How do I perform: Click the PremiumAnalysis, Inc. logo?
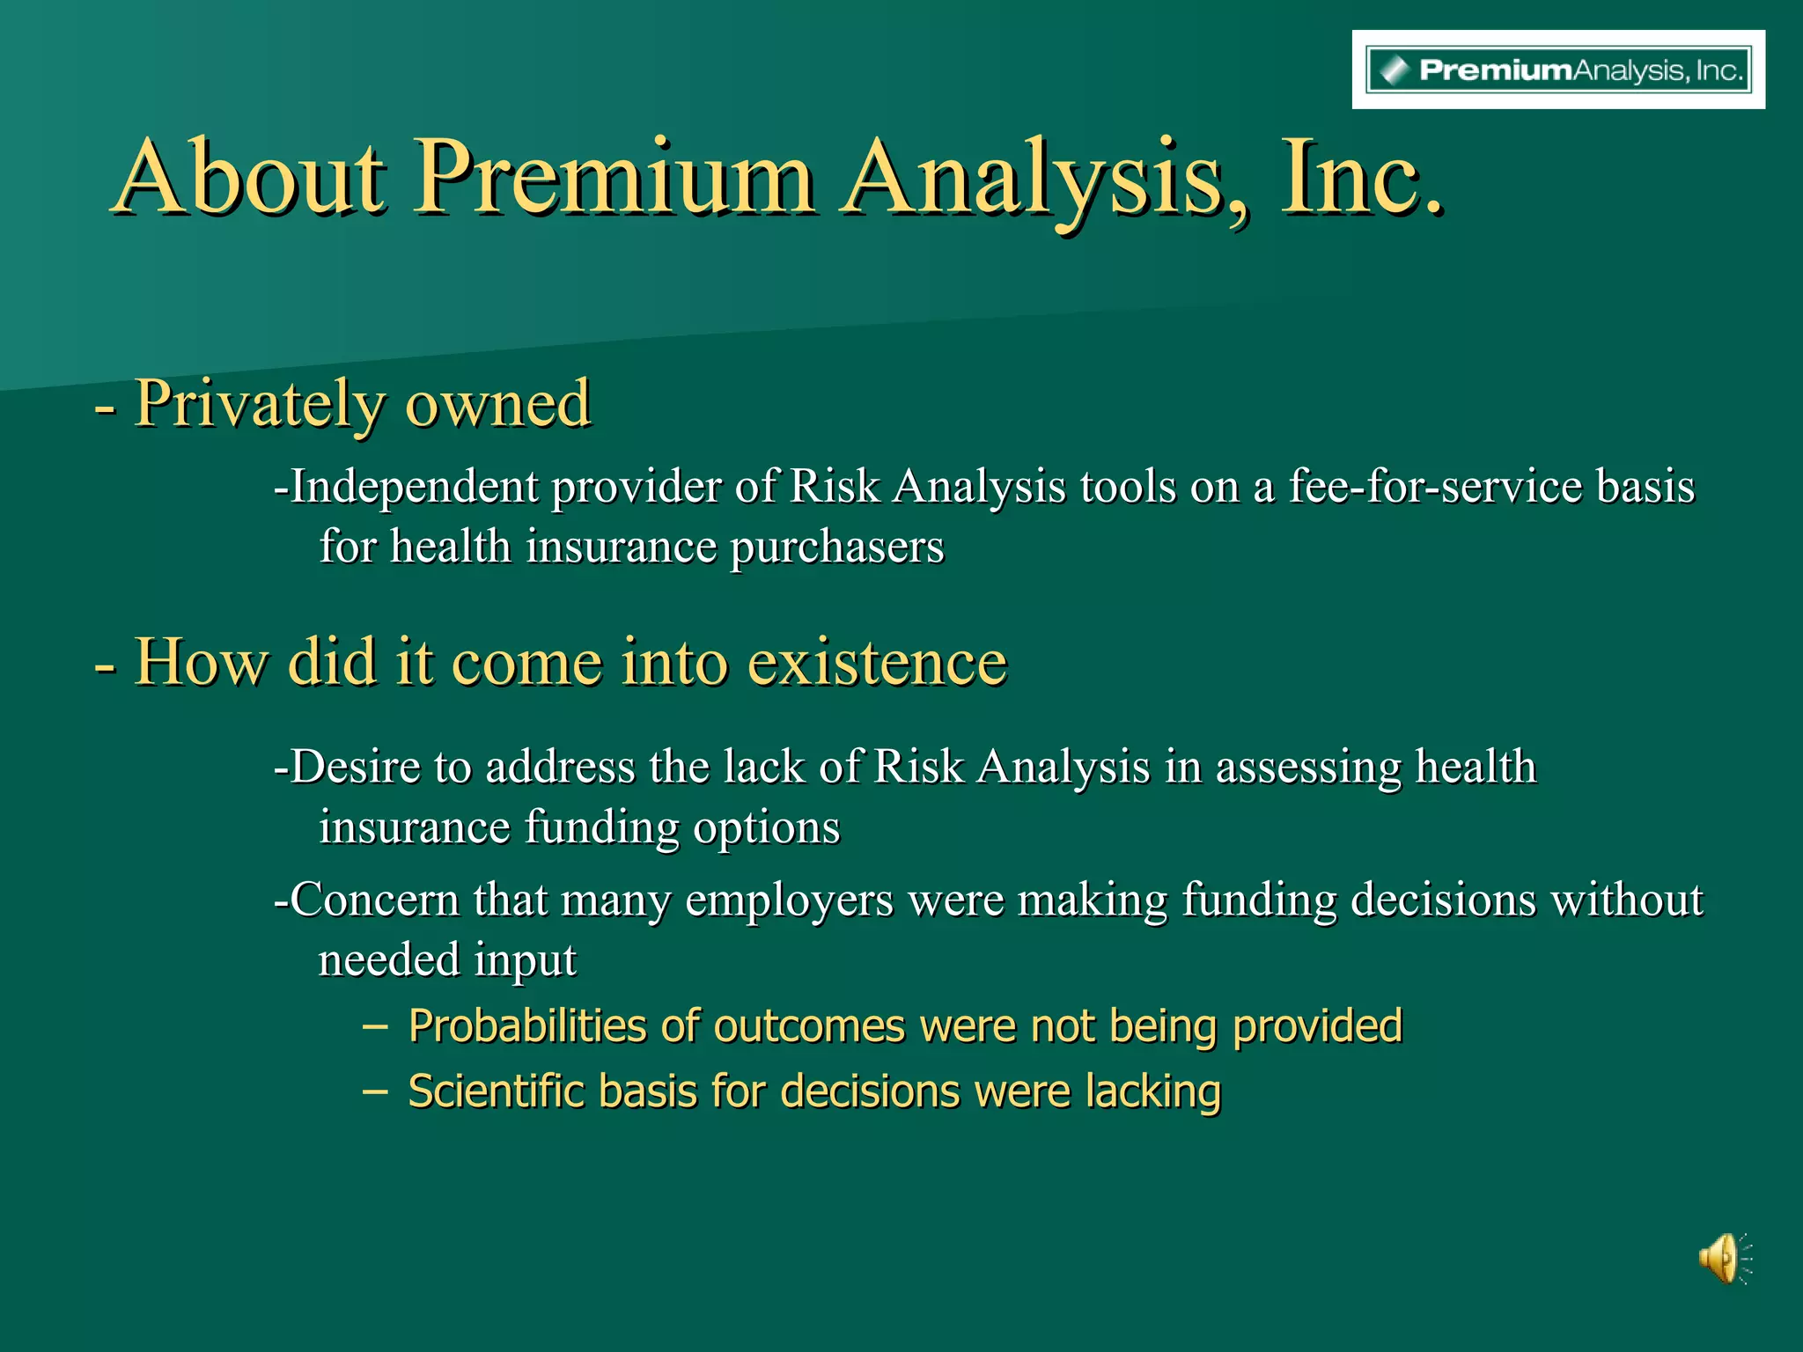[1558, 70]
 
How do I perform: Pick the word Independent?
[414, 487]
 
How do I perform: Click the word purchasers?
[836, 547]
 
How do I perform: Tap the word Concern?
[375, 900]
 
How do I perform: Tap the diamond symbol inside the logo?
[1394, 70]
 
